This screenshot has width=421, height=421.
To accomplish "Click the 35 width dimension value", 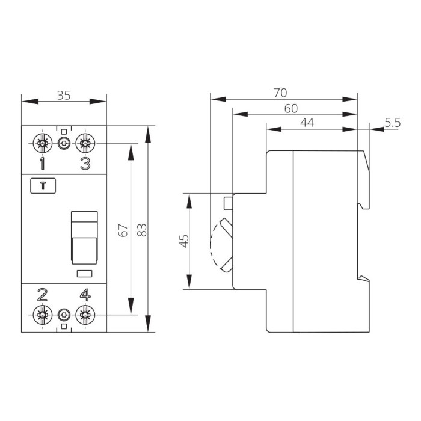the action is pyautogui.click(x=64, y=96).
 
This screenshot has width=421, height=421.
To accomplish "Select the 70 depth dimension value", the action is pyautogui.click(x=280, y=93).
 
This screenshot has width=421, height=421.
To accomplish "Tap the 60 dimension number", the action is pyautogui.click(x=291, y=108).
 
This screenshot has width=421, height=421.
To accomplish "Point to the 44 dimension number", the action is pyautogui.click(x=307, y=123).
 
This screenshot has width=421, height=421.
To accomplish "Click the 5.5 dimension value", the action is pyautogui.click(x=393, y=123).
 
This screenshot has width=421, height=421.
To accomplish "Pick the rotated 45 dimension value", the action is pyautogui.click(x=184, y=241).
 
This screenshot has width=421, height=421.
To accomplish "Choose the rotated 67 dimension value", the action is pyautogui.click(x=123, y=230).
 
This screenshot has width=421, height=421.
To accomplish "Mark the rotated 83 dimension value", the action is pyautogui.click(x=141, y=230).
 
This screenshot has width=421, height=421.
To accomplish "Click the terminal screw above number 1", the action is pyautogui.click(x=43, y=143).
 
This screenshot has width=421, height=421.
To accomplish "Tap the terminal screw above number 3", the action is pyautogui.click(x=85, y=143).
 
